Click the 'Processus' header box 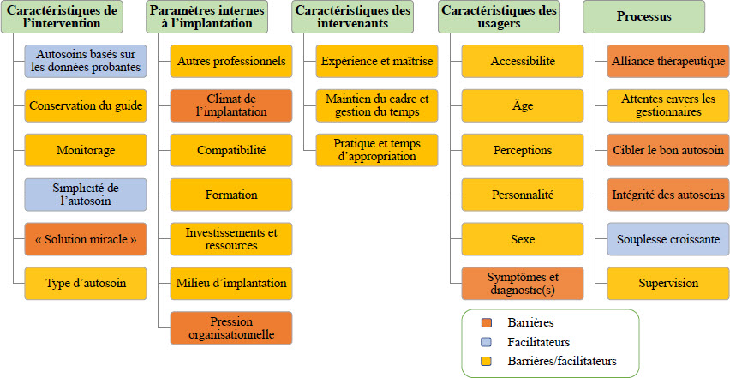click(643, 17)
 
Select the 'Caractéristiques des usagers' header click(499, 17)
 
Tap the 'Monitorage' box click(86, 150)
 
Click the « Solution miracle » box click(86, 239)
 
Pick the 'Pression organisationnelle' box click(231, 327)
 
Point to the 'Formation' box click(231, 195)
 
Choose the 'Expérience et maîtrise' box click(377, 61)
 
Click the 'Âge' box click(523, 105)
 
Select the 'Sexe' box click(523, 239)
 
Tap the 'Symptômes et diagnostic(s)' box click(523, 284)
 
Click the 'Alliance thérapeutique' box click(668, 61)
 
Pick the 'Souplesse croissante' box click(668, 239)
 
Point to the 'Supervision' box click(668, 284)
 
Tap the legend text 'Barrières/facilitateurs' click(562, 361)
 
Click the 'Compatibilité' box click(231, 150)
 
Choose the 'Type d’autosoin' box click(86, 284)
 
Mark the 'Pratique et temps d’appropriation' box click(377, 150)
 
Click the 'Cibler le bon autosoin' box click(668, 150)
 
